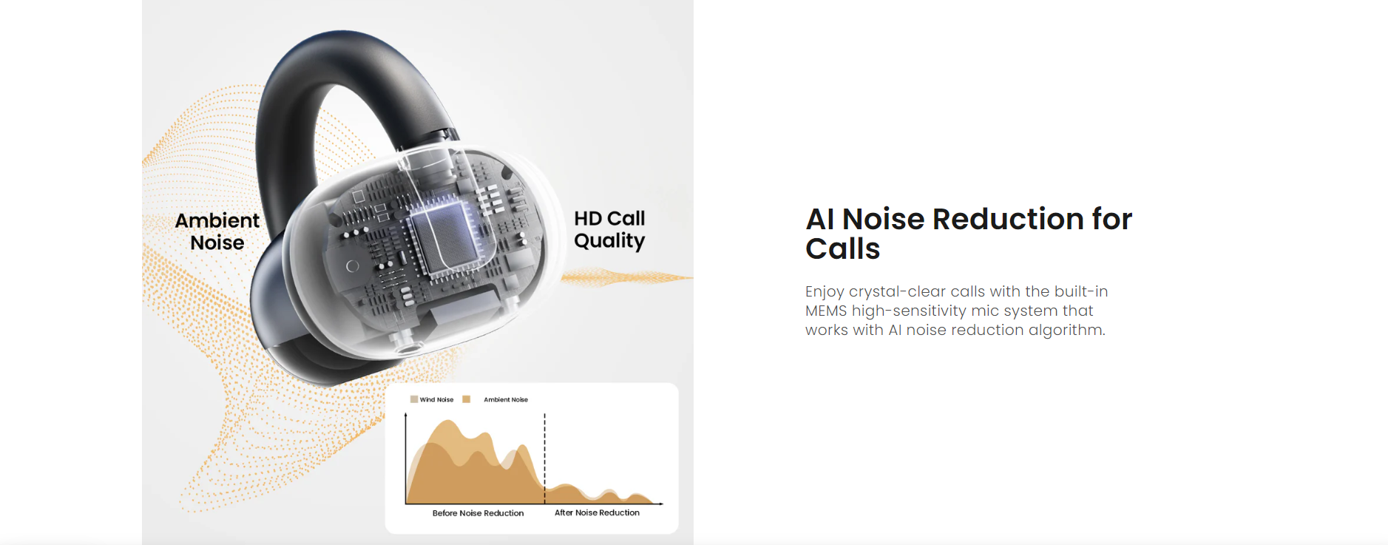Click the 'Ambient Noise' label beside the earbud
[217, 231]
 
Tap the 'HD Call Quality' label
[609, 230]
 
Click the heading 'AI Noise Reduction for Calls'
[969, 234]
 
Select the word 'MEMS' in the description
[826, 311]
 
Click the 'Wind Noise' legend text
[436, 399]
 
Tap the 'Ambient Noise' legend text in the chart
[506, 399]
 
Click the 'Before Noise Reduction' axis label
[478, 513]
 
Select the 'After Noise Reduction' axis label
[597, 512]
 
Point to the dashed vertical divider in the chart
[545, 458]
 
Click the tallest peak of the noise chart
[447, 422]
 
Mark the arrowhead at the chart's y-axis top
[406, 416]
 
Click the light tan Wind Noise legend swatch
[414, 399]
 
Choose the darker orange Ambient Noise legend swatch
[467, 399]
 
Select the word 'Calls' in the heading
[843, 249]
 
